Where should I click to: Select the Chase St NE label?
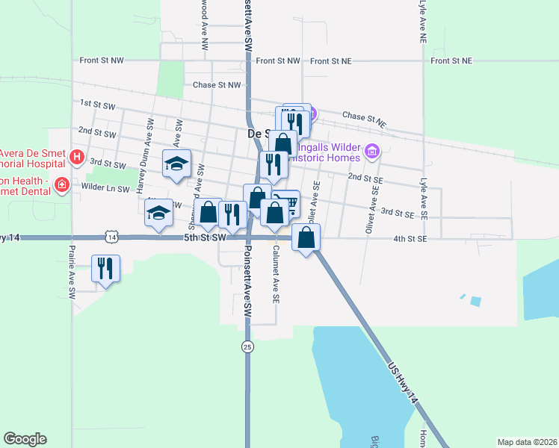click(364, 117)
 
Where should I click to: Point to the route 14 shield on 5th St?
click(111, 237)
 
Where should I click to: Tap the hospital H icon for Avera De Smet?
click(75, 157)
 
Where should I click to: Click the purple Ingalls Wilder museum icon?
click(371, 153)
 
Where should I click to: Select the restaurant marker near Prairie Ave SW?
click(105, 268)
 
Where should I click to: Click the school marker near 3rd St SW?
click(177, 164)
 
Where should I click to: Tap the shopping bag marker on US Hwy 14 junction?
click(306, 238)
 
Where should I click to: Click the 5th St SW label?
click(205, 237)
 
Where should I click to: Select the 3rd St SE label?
click(398, 213)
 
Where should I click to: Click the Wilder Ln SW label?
click(105, 188)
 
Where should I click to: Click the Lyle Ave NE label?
click(423, 19)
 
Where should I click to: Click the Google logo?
click(25, 439)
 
